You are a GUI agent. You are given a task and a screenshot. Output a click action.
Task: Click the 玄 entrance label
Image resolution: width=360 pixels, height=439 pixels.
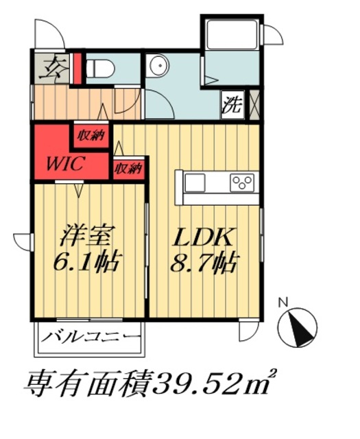tap(53, 68)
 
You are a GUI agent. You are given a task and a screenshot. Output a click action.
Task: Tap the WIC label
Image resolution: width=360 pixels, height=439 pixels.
tap(66, 164)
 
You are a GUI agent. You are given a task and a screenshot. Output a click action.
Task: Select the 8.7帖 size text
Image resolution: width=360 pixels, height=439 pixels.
tap(205, 262)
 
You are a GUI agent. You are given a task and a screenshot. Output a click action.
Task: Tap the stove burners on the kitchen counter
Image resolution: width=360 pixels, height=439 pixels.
tap(241, 182)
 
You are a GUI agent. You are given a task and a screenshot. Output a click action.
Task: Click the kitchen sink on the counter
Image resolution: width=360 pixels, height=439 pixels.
tap(195, 182)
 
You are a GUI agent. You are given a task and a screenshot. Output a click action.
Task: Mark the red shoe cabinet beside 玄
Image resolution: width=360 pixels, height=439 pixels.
tap(77, 68)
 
